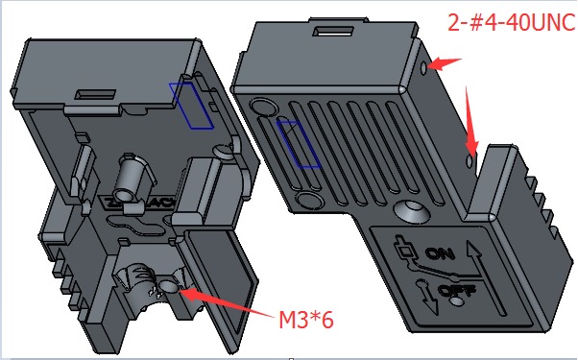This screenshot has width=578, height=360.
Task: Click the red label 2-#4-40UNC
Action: click(x=512, y=22)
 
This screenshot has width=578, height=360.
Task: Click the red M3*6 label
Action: click(x=306, y=320)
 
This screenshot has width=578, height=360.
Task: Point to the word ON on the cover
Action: click(x=440, y=253)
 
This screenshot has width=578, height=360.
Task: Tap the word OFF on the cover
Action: click(x=457, y=291)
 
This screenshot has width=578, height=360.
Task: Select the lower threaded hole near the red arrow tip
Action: click(x=470, y=161)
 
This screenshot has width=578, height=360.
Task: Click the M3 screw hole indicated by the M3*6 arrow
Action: click(x=168, y=285)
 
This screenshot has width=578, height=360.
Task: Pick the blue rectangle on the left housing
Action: click(x=191, y=106)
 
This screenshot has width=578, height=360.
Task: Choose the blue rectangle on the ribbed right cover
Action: click(x=299, y=144)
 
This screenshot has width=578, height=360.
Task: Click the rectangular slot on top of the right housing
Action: click(x=333, y=31)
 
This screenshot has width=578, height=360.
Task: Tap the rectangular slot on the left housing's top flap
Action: click(x=95, y=94)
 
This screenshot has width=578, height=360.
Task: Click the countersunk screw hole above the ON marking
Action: click(x=411, y=211)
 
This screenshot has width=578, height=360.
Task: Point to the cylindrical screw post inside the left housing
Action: click(x=131, y=178)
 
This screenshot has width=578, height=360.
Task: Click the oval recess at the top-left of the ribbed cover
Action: click(x=264, y=107)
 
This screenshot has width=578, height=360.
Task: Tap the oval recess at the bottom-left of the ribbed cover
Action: click(x=310, y=201)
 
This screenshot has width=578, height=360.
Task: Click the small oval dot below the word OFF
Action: click(x=457, y=301)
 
